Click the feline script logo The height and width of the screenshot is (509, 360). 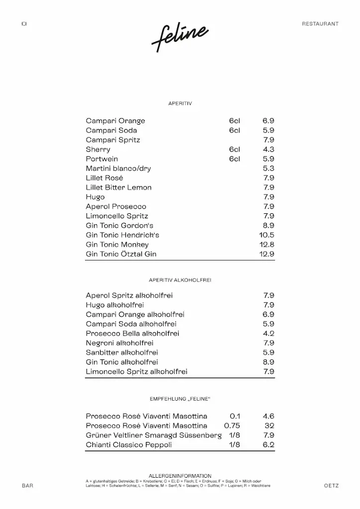click(180, 38)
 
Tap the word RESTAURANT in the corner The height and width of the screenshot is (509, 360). click(320, 23)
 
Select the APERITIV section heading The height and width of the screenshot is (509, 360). click(180, 103)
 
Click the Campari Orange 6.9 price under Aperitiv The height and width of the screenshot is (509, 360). click(269, 121)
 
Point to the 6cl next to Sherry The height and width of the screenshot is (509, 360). click(234, 149)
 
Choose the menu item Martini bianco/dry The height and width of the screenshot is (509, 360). click(118, 169)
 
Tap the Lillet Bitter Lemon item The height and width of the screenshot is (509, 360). click(119, 187)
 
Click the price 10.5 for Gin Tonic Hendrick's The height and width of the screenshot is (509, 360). click(267, 235)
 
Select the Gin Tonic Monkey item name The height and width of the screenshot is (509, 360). click(117, 245)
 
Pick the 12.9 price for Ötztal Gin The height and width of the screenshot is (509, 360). click(267, 254)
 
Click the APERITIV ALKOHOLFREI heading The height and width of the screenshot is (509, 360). click(180, 280)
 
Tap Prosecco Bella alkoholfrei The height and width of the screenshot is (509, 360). click(132, 334)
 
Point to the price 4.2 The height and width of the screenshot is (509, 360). click(269, 334)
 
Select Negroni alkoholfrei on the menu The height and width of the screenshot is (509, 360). click(119, 343)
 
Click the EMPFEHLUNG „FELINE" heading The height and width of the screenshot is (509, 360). click(180, 399)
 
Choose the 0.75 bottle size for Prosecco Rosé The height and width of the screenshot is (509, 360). click(232, 426)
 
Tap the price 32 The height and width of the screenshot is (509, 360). click(270, 426)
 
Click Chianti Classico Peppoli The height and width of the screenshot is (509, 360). click(129, 445)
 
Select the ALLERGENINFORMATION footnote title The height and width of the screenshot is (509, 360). click(180, 476)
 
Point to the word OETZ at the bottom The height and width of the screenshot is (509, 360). click(331, 486)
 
